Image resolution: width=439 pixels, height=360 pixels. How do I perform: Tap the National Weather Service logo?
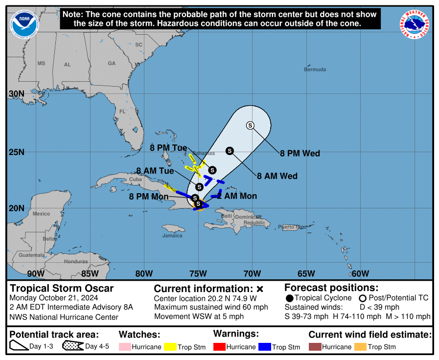coord(416,25)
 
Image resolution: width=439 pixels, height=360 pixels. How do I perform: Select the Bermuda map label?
coord(315,69)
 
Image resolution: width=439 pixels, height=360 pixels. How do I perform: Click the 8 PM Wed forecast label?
coord(300,154)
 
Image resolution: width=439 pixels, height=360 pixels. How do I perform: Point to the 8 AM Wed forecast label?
coord(277,176)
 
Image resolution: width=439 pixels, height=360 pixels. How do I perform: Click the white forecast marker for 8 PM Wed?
coord(250,125)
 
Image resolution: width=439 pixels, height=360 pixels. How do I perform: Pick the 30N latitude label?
coord(17,94)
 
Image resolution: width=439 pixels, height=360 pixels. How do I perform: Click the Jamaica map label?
coord(172,236)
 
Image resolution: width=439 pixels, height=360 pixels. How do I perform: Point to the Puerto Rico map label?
coord(292,227)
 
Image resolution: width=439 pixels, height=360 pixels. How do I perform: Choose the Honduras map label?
coord(76,262)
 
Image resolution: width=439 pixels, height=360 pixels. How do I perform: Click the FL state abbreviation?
coord(122,112)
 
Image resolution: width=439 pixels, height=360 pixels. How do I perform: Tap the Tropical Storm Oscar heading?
coord(62,289)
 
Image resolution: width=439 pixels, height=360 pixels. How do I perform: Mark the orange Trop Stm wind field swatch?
coord(361,347)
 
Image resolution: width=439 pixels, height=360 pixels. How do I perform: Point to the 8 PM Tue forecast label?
coord(168,147)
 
